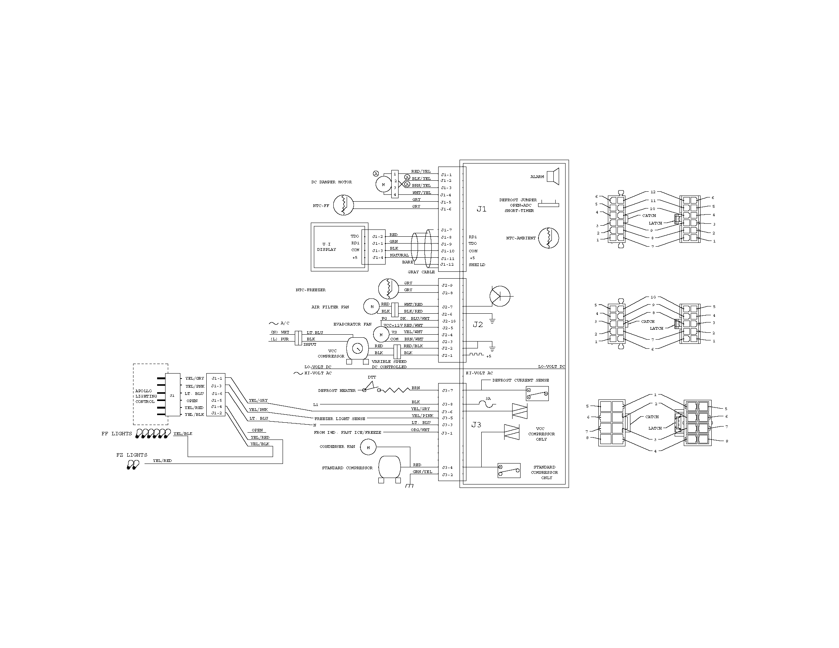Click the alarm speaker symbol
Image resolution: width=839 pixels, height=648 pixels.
[553, 176]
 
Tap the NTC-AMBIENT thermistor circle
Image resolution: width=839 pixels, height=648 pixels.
[548, 238]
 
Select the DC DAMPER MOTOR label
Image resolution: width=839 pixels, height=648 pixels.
[331, 182]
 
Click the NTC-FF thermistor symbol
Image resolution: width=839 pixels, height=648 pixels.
[343, 205]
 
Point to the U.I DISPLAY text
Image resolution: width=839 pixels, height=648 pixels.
[326, 247]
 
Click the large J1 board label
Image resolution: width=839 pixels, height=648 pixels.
[481, 209]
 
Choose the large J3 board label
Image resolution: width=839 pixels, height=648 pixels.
[476, 425]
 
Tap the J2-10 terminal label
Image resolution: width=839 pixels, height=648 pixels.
[448, 321]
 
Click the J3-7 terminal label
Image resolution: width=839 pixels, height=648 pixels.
[447, 390]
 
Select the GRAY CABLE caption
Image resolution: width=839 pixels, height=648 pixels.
[421, 272]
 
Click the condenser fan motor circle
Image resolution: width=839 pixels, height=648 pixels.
[368, 447]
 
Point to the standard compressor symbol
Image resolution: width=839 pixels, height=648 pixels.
[389, 468]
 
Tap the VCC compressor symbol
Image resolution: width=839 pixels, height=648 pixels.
[357, 348]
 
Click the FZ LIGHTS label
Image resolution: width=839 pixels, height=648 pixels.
[132, 455]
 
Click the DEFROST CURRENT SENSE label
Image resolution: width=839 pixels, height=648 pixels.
[521, 380]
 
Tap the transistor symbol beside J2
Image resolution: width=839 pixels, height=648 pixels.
[500, 296]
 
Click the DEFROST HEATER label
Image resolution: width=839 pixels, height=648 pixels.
[336, 390]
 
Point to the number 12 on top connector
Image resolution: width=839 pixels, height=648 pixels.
[653, 192]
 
